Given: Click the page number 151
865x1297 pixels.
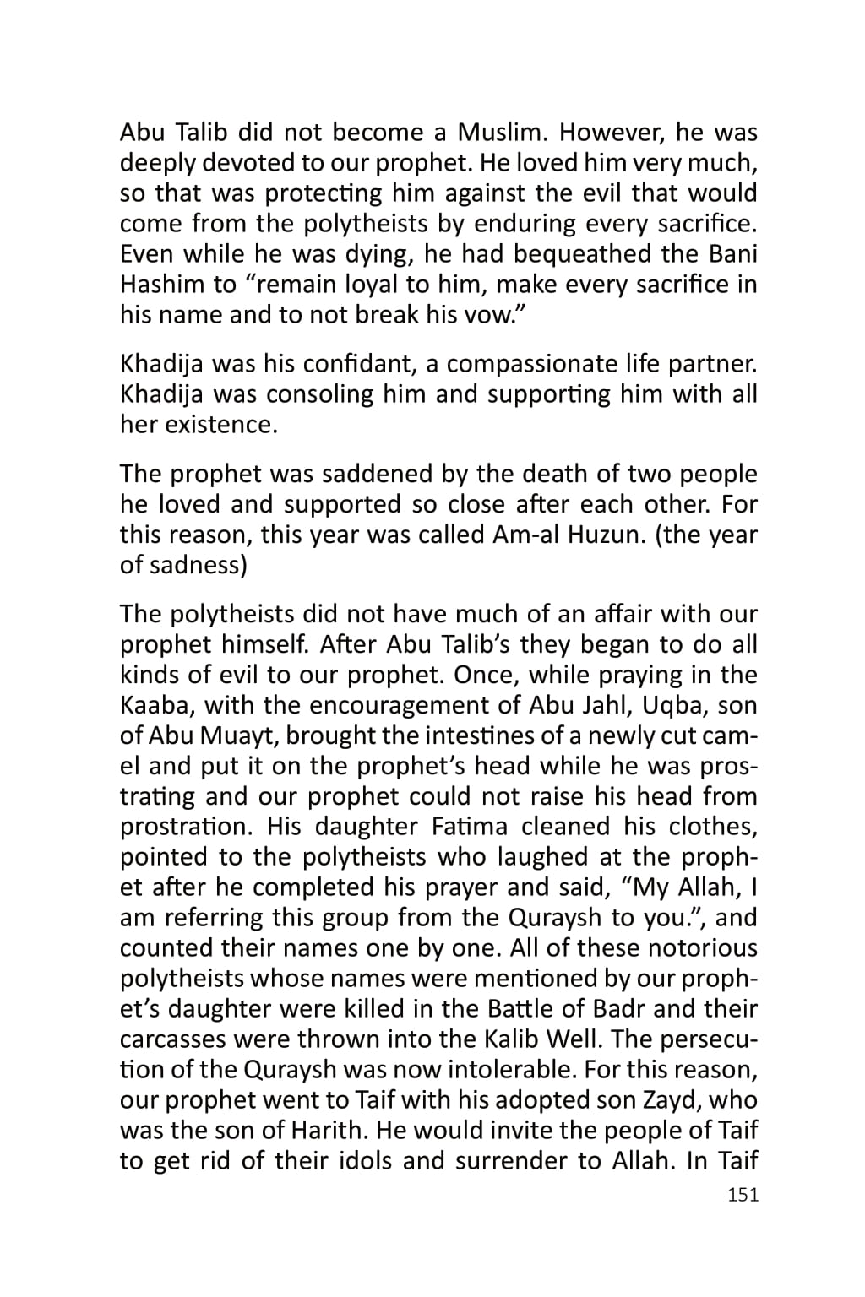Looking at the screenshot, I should coord(743,1195).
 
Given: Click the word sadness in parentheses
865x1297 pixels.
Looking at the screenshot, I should coord(197,565).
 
